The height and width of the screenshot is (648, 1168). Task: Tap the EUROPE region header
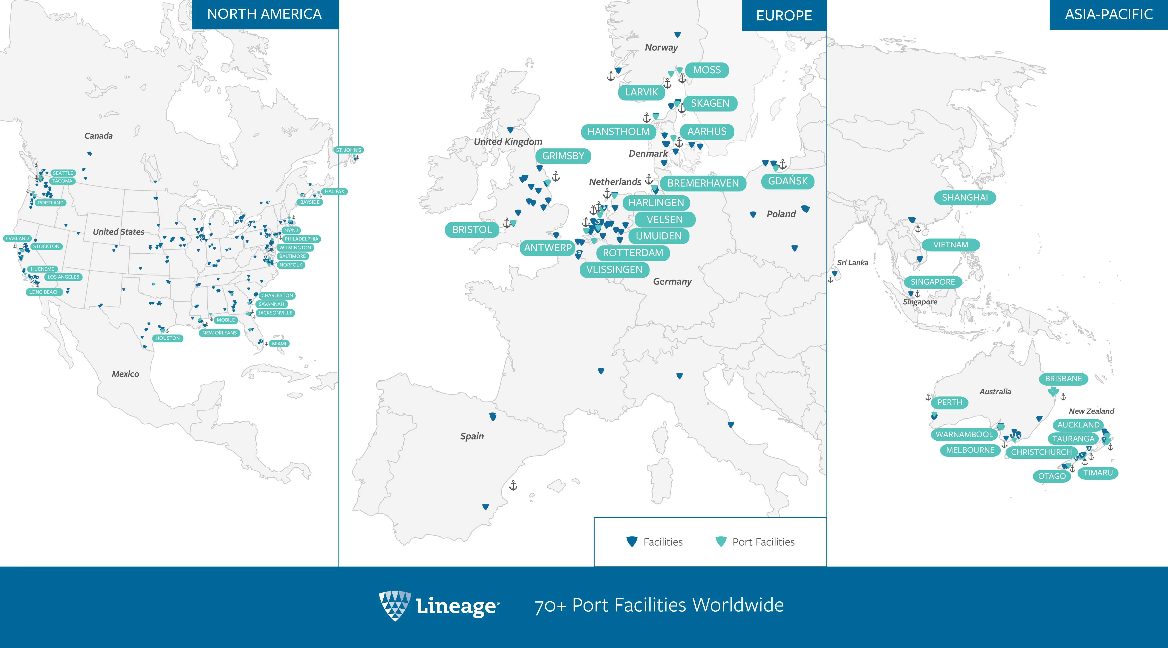[784, 15]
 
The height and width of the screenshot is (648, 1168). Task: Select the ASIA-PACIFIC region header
[1109, 15]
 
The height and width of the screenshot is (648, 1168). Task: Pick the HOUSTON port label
[168, 338]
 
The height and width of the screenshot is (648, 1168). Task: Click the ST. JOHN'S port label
[349, 150]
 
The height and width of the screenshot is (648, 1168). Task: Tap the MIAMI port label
[279, 344]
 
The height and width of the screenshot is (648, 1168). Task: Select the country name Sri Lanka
[853, 263]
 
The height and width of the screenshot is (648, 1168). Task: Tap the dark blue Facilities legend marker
[632, 541]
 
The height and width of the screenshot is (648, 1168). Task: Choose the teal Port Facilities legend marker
[721, 541]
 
